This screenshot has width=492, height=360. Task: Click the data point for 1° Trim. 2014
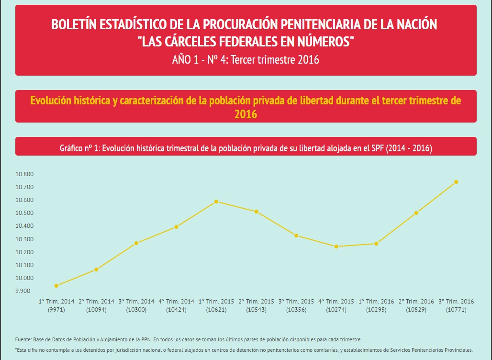click(x=56, y=286)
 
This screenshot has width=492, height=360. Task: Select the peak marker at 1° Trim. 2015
click(x=216, y=202)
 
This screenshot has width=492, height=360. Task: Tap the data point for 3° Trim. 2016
click(x=456, y=182)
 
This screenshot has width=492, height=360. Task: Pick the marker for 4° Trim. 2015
click(x=336, y=247)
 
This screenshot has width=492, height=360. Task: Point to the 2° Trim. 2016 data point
click(x=416, y=213)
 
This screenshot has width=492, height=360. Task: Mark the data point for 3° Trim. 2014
click(x=136, y=243)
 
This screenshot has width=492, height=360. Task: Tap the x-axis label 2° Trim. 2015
click(x=257, y=302)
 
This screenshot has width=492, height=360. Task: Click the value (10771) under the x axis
click(x=456, y=310)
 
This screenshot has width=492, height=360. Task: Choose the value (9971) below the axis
click(x=56, y=310)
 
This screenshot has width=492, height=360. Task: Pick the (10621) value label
click(x=216, y=310)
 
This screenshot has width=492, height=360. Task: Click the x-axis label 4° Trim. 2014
click(x=177, y=302)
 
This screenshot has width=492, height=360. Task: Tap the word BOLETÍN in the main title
click(x=73, y=24)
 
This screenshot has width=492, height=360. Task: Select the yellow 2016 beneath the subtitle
click(x=246, y=114)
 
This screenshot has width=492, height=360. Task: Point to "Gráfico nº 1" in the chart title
click(x=79, y=148)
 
